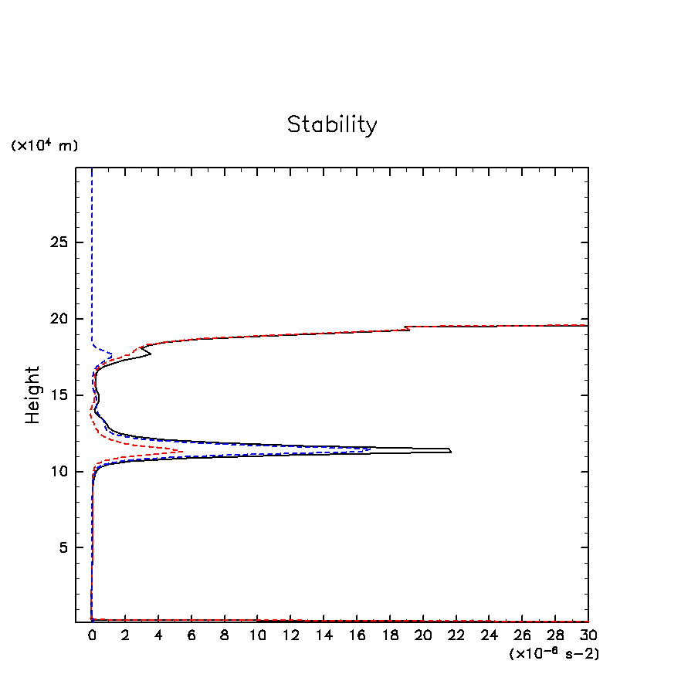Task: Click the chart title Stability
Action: tap(332, 124)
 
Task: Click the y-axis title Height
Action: tap(32, 395)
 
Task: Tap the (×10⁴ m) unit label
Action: tap(44, 145)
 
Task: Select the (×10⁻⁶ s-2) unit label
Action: tap(554, 653)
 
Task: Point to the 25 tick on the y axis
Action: tap(60, 242)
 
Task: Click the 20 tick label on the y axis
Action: tap(60, 319)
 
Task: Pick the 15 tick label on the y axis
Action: tap(60, 395)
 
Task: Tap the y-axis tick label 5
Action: tap(65, 547)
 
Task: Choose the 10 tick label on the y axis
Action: tap(60, 471)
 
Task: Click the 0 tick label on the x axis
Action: tap(92, 635)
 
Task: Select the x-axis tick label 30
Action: tap(588, 635)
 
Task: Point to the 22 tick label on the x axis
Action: tap(456, 635)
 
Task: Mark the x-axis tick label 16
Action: tap(357, 635)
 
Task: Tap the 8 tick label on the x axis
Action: tap(225, 635)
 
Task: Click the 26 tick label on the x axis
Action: tap(522, 635)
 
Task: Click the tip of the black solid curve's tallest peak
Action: tap(450, 450)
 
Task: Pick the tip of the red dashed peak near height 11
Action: tap(182, 451)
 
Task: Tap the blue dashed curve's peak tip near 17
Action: tap(112, 355)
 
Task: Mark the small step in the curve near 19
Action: tap(407, 328)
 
